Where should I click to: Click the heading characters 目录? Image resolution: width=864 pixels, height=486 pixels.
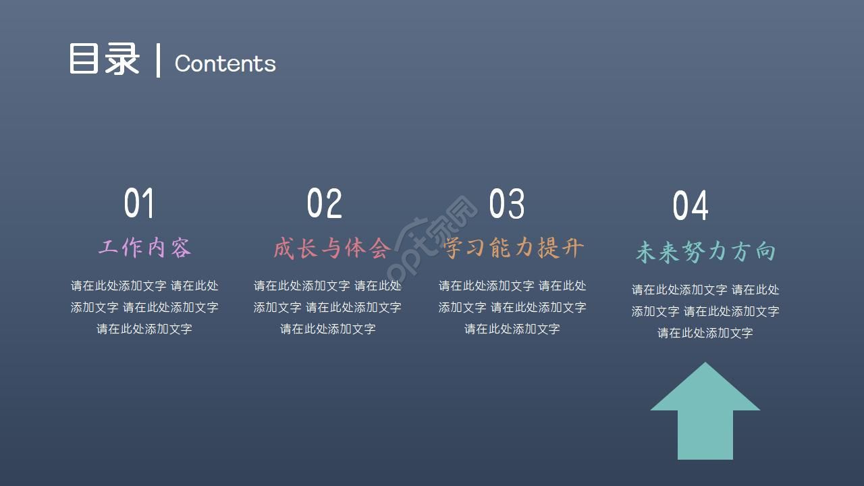(104, 59)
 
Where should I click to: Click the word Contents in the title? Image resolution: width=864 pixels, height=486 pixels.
(225, 63)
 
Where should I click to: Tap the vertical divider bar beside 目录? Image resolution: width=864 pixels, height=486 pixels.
(159, 61)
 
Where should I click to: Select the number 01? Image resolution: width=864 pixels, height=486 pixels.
(139, 203)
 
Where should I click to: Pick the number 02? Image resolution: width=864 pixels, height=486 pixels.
(324, 203)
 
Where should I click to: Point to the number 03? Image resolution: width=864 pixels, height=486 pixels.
(506, 203)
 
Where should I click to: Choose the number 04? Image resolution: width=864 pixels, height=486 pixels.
(691, 206)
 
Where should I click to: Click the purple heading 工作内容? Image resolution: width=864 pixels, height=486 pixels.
(145, 248)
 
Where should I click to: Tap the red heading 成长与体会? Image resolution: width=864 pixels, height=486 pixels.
(331, 248)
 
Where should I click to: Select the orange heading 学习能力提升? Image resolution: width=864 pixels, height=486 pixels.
(514, 248)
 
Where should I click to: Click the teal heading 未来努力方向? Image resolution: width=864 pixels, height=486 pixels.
(705, 252)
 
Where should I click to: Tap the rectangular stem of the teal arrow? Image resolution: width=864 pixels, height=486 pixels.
(705, 435)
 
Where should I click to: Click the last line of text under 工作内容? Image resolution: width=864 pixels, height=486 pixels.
(144, 329)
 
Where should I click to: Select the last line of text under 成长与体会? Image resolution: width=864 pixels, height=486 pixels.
(328, 329)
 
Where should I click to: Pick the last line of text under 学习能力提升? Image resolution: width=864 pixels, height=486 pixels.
(512, 329)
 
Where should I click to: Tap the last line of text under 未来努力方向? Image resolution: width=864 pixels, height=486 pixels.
(705, 333)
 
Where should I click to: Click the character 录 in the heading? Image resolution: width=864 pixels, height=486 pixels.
(122, 59)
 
